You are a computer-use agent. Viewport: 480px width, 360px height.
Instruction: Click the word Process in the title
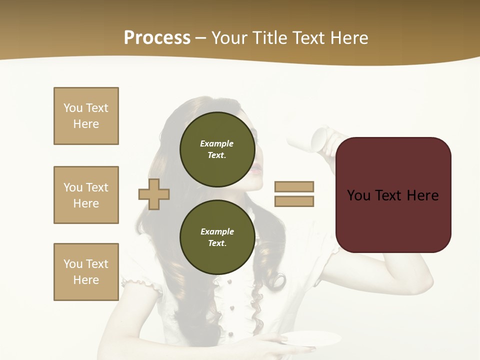coord(157,38)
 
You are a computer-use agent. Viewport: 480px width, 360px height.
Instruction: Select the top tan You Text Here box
coord(86,116)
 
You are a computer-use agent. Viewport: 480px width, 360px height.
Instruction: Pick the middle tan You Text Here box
coord(86,195)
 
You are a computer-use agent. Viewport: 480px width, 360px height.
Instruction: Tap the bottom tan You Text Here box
coord(86,272)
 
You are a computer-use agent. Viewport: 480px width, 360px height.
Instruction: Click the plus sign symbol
coord(154,194)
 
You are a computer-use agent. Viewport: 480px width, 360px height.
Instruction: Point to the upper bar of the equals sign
coord(294,186)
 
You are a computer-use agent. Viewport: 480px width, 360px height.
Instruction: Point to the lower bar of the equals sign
coord(294,201)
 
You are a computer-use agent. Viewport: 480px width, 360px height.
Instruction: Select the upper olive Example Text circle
coord(217,149)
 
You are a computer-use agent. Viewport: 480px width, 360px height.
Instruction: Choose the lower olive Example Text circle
coord(217,237)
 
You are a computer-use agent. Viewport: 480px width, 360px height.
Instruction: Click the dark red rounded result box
coord(393,195)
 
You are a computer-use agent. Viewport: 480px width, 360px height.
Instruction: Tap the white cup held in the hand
coord(320,139)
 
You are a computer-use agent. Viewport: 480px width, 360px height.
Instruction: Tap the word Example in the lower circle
coord(217,231)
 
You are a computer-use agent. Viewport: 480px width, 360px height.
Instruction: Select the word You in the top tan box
coord(73,108)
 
